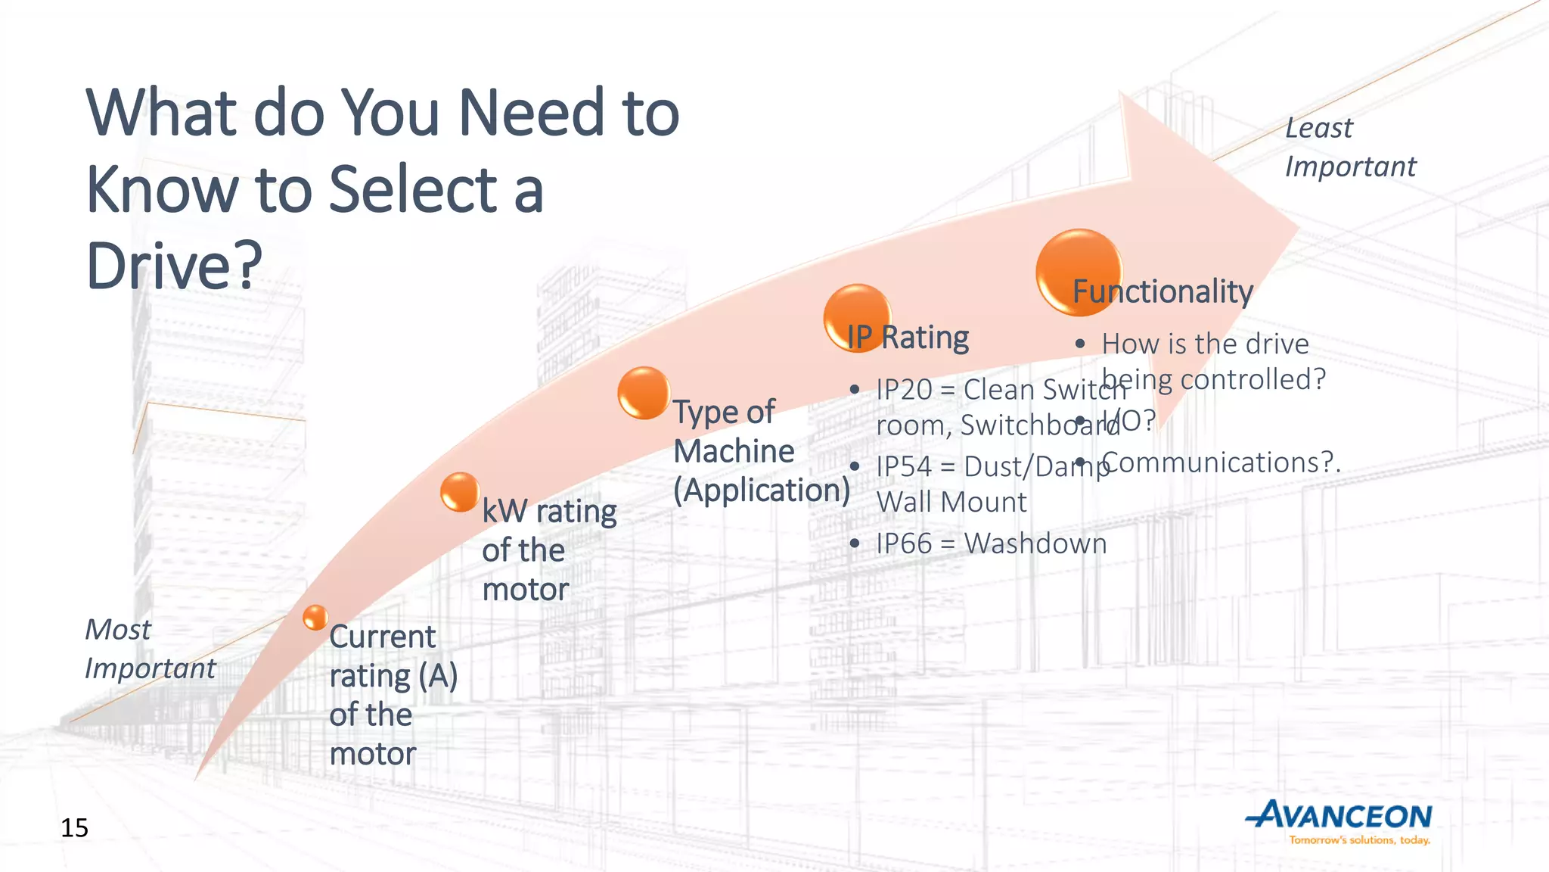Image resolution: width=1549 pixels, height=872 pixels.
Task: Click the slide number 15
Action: point(75,828)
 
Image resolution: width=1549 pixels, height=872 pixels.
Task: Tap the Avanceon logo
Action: point(1339,817)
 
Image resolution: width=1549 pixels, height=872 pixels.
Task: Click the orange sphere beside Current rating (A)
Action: point(315,618)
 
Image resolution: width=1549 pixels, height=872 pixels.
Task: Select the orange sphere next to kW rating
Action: point(460,492)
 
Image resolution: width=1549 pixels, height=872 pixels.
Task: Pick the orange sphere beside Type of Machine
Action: point(644,393)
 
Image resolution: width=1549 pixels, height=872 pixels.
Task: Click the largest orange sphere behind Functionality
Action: point(1079,272)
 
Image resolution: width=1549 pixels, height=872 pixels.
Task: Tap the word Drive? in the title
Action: point(174,266)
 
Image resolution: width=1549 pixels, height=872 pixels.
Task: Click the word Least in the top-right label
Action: point(1319,128)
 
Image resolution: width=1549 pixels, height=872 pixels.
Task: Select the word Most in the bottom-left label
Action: point(117,630)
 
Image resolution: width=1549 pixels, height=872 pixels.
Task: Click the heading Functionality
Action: point(1163,291)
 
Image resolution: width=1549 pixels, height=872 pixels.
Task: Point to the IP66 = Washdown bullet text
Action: point(991,543)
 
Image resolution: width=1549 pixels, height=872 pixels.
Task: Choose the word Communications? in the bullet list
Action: point(1218,462)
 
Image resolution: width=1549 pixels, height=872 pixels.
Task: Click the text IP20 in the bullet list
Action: point(904,390)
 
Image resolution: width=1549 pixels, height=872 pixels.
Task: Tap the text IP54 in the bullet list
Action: point(904,467)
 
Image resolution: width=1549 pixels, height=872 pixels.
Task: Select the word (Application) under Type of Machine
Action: point(762,490)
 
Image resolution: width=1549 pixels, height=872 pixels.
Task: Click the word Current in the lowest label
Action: point(383,637)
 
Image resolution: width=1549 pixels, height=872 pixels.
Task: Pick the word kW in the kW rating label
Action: point(505,512)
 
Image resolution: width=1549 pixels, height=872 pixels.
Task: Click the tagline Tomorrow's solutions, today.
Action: point(1359,840)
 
